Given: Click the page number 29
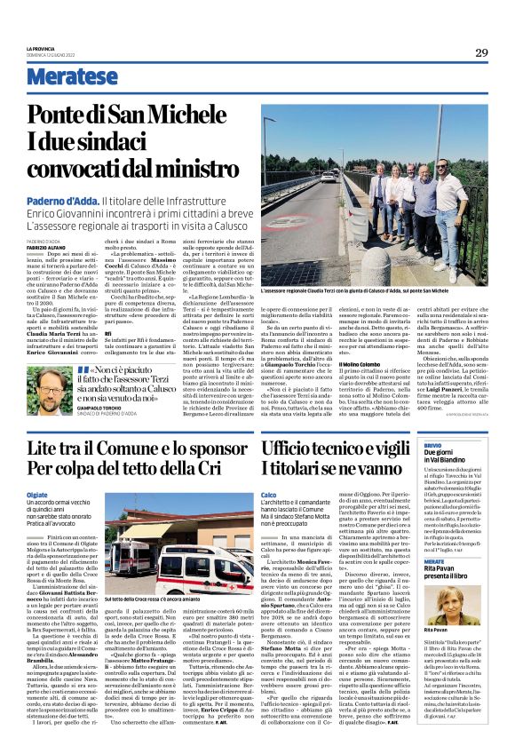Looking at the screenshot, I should pos(481,53).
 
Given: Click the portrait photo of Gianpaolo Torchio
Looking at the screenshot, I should pos(50,391).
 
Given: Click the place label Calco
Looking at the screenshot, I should pos(269,494).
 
